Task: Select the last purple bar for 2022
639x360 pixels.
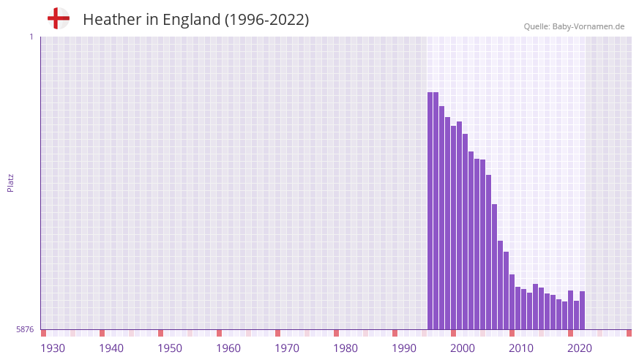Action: tap(582, 310)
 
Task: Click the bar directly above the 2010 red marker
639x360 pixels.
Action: tap(512, 301)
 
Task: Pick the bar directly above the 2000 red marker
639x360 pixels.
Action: tap(453, 228)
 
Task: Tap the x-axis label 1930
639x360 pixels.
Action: tap(53, 348)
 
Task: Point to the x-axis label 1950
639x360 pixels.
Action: tap(170, 348)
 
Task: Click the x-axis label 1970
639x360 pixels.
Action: tap(287, 348)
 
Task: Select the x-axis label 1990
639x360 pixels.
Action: tap(404, 348)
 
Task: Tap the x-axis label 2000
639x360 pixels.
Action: tap(463, 348)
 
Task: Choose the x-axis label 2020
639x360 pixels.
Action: tap(580, 348)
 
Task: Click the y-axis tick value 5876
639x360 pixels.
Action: tap(25, 330)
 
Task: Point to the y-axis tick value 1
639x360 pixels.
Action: tap(31, 37)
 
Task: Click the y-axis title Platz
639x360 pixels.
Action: tap(11, 183)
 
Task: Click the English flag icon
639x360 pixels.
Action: tap(58, 18)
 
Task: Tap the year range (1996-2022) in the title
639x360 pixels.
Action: tap(266, 20)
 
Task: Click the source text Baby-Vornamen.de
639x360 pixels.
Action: tap(588, 26)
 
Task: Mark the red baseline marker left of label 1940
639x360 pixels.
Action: tap(102, 333)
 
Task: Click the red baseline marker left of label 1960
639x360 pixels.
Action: tap(219, 333)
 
